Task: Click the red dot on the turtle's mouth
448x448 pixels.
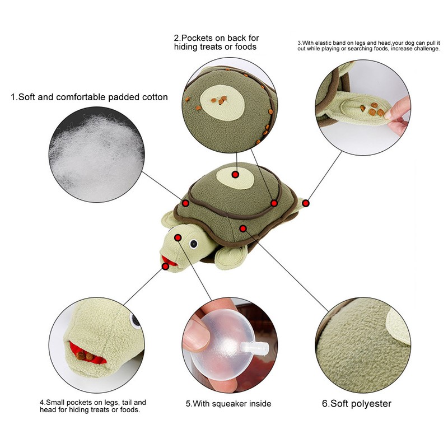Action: click(x=165, y=267)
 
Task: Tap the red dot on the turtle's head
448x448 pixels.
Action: click(x=178, y=237)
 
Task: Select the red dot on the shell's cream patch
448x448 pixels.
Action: click(x=235, y=174)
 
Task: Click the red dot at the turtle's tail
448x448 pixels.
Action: click(x=306, y=203)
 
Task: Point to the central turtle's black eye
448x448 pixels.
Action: click(x=193, y=244)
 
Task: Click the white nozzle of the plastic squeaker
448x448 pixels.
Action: click(x=255, y=348)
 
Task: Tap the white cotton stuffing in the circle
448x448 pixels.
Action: click(x=96, y=153)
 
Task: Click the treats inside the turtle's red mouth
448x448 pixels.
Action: click(x=85, y=356)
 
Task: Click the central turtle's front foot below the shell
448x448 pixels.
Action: click(x=231, y=258)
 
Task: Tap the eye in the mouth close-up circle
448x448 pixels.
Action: click(x=134, y=320)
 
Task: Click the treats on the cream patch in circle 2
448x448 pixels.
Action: click(x=219, y=100)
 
